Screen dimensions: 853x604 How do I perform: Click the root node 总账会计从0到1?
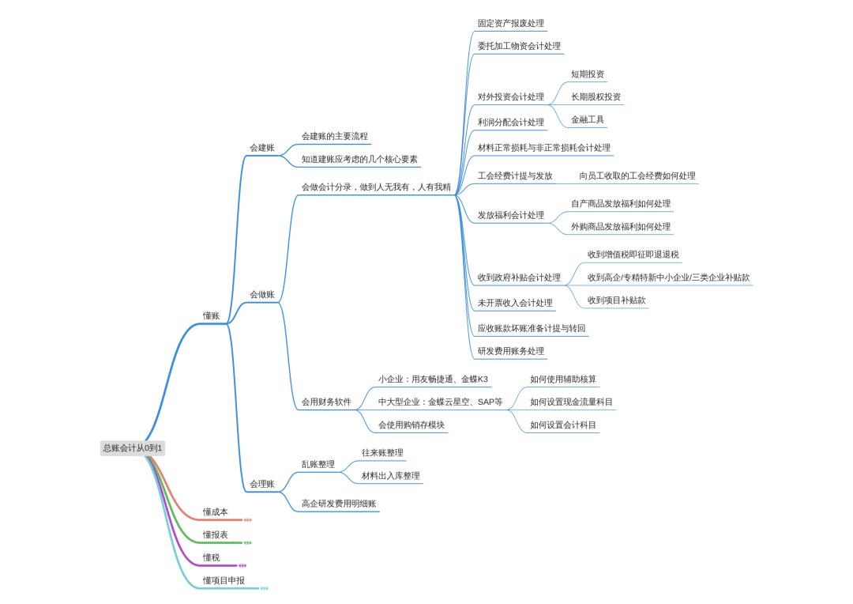(x=132, y=448)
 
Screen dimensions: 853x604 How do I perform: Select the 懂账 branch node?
(x=211, y=316)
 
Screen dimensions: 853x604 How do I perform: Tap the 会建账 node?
(x=262, y=148)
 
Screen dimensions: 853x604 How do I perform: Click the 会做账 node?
(x=262, y=295)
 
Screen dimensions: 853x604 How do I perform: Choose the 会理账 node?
(x=262, y=484)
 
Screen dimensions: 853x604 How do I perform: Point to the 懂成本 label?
(x=216, y=512)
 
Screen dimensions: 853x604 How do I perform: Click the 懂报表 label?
(x=216, y=535)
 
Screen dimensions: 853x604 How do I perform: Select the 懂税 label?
(x=211, y=557)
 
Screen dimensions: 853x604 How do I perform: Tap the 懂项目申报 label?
(x=224, y=580)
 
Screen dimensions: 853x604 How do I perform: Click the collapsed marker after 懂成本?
(x=247, y=520)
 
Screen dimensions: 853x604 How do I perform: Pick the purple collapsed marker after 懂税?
(x=242, y=566)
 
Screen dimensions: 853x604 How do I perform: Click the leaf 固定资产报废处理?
(x=511, y=24)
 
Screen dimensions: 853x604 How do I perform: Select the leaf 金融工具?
(x=588, y=120)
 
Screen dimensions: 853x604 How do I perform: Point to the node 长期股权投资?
(x=596, y=97)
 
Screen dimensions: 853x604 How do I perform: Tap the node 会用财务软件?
(x=326, y=402)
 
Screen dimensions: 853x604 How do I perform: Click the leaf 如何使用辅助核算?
(x=563, y=379)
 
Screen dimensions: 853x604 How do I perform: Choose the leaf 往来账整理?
(x=382, y=452)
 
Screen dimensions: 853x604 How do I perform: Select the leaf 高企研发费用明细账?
(x=339, y=504)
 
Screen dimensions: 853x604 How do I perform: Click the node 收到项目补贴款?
(x=616, y=300)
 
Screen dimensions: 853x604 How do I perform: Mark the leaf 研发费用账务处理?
(x=511, y=351)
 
